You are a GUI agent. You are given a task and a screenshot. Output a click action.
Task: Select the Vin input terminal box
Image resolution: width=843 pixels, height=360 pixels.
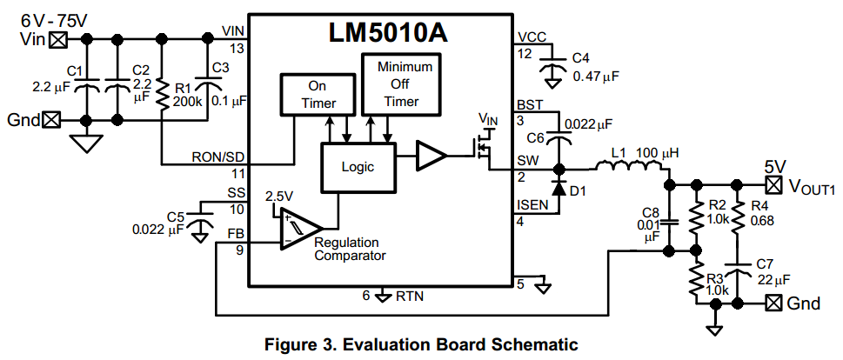click(x=58, y=39)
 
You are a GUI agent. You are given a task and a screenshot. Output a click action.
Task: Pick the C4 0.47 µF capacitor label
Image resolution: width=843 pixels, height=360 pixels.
click(x=595, y=67)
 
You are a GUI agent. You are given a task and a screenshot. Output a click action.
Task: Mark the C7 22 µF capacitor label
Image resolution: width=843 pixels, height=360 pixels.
click(x=771, y=272)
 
